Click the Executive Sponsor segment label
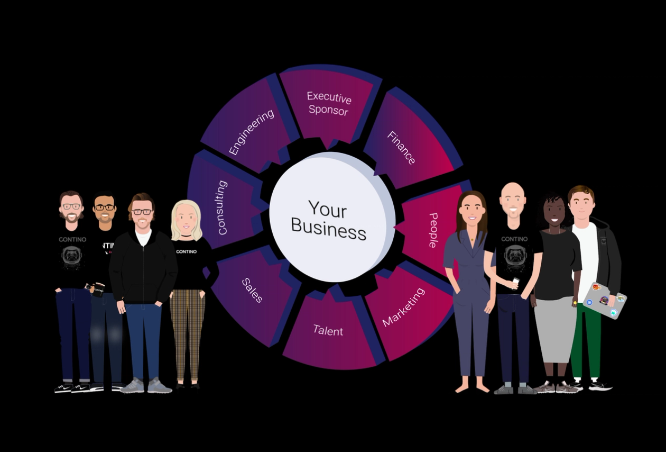[x=329, y=104]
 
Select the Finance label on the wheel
[x=401, y=148]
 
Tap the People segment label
[x=433, y=230]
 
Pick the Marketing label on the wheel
[x=403, y=307]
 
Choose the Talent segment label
[x=328, y=331]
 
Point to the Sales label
[x=252, y=290]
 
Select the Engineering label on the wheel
[x=252, y=132]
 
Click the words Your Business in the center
[x=329, y=220]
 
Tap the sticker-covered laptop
[x=604, y=301]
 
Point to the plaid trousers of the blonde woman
[x=187, y=333]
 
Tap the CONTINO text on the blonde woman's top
[x=186, y=252]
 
